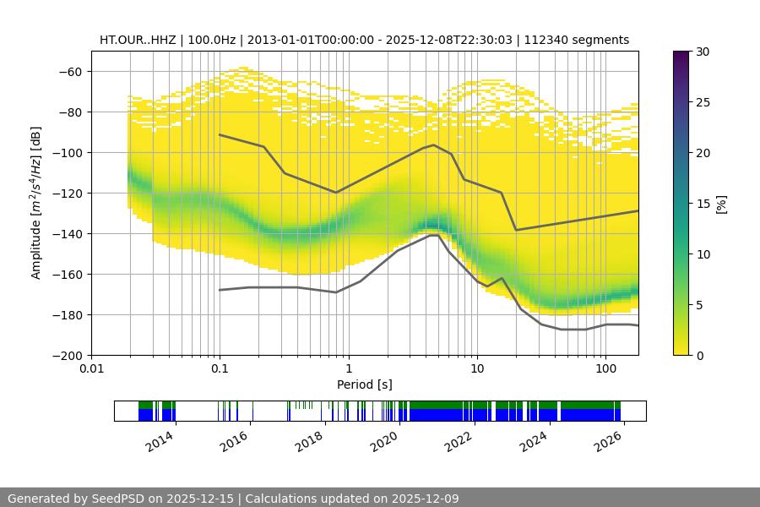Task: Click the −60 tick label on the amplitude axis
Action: point(69,71)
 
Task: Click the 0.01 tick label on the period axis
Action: point(91,369)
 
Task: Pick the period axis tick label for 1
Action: point(348,369)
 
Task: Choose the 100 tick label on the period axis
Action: point(605,369)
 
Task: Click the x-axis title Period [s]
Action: point(364,384)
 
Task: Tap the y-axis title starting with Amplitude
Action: point(35,203)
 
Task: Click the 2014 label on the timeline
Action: point(159,440)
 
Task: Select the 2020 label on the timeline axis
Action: point(384,440)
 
